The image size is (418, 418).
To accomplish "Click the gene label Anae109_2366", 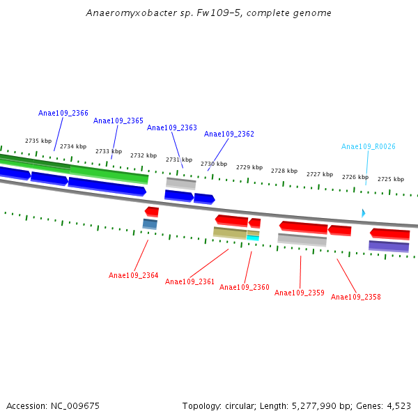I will [63, 113].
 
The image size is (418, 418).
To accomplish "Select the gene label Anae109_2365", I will [118, 121].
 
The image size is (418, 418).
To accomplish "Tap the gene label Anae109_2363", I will [172, 127].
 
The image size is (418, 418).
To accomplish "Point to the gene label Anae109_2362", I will [229, 134].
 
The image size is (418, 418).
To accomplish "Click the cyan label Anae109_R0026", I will [369, 146].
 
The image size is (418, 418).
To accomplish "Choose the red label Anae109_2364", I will [134, 275].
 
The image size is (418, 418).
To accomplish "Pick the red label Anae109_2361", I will [190, 281].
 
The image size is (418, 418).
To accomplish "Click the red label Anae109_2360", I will [245, 287].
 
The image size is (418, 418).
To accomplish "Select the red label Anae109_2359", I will [300, 293].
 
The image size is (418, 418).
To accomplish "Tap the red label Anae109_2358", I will [356, 297].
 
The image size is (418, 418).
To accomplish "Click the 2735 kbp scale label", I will [38, 141].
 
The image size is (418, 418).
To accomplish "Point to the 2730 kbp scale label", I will [214, 164].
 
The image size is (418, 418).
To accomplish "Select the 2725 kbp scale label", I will [391, 179].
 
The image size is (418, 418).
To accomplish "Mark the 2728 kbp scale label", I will [284, 171].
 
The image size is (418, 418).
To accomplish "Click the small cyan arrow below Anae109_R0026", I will [363, 212].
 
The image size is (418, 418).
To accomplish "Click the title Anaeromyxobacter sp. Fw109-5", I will [209, 13].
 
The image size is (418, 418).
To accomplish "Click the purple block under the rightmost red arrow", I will [389, 246].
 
